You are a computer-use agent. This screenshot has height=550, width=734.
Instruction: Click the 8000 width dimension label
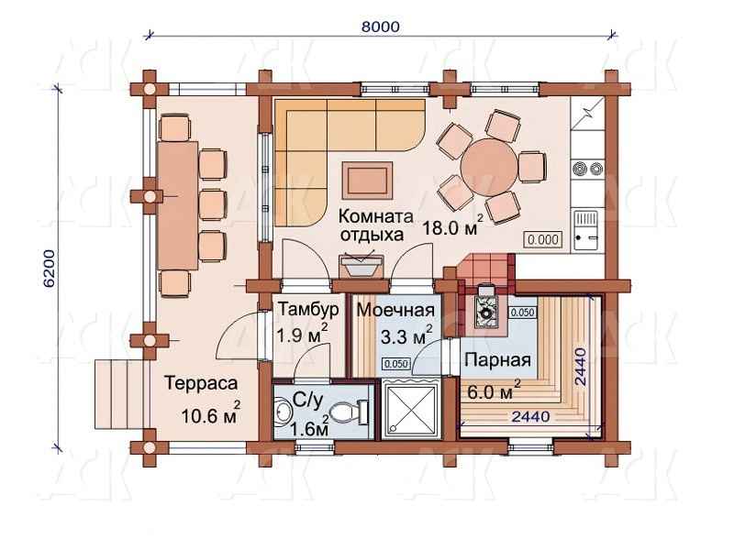(x=381, y=27)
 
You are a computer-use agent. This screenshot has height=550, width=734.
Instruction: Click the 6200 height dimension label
(x=50, y=268)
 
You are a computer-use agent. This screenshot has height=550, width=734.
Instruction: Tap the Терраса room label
(x=201, y=383)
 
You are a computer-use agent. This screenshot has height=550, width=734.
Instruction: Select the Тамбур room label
(x=308, y=309)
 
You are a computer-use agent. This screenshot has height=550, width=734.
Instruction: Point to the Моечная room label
(x=395, y=310)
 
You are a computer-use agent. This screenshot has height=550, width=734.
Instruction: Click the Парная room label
(x=497, y=360)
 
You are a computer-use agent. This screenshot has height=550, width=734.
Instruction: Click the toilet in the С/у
(x=349, y=412)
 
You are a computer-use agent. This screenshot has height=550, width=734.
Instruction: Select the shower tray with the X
(x=410, y=409)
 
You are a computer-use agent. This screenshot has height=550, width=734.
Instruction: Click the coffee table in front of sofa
(x=368, y=180)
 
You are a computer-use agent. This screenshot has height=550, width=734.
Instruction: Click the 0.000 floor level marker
(x=543, y=240)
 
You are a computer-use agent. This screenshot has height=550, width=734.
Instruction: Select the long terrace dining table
(x=177, y=205)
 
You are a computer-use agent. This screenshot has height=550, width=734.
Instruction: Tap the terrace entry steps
(x=120, y=394)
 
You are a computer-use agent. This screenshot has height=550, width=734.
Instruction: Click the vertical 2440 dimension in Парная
(x=581, y=367)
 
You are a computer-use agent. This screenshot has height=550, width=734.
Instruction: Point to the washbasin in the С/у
(x=283, y=412)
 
